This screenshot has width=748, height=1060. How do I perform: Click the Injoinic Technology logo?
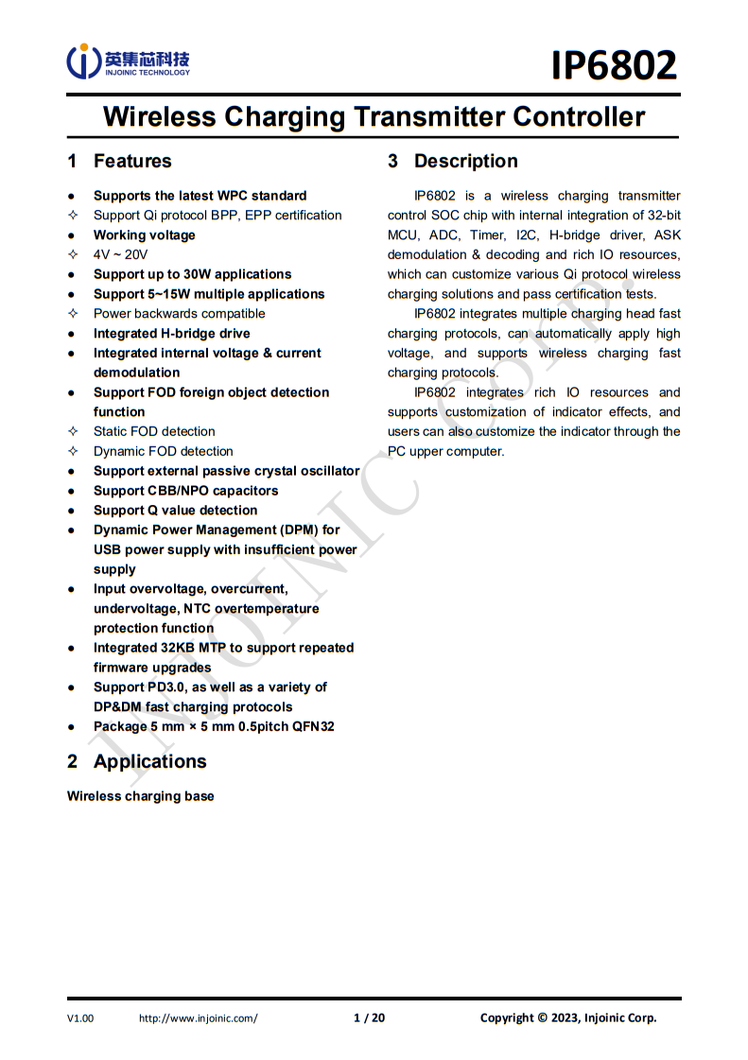coord(128,61)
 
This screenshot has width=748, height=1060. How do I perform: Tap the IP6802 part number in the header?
coord(615,65)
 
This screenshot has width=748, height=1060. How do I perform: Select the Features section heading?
coord(132,161)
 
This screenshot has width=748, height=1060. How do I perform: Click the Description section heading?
coord(465,161)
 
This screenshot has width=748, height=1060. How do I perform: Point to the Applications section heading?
coord(149,761)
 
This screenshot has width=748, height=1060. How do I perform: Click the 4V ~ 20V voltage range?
coord(120,254)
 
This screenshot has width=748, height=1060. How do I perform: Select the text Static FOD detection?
coord(154,431)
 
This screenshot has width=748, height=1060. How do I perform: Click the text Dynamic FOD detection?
coord(163,451)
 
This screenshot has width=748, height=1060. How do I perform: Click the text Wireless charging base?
coord(141,796)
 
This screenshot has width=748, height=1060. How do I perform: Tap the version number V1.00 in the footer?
coord(80,1017)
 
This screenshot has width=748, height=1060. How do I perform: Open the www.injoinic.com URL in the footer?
coord(198,1017)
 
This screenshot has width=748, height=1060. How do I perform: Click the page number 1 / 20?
coord(369,1017)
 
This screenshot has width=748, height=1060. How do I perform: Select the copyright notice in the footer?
coord(567,1017)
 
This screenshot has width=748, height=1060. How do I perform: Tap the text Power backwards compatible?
coord(179,313)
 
